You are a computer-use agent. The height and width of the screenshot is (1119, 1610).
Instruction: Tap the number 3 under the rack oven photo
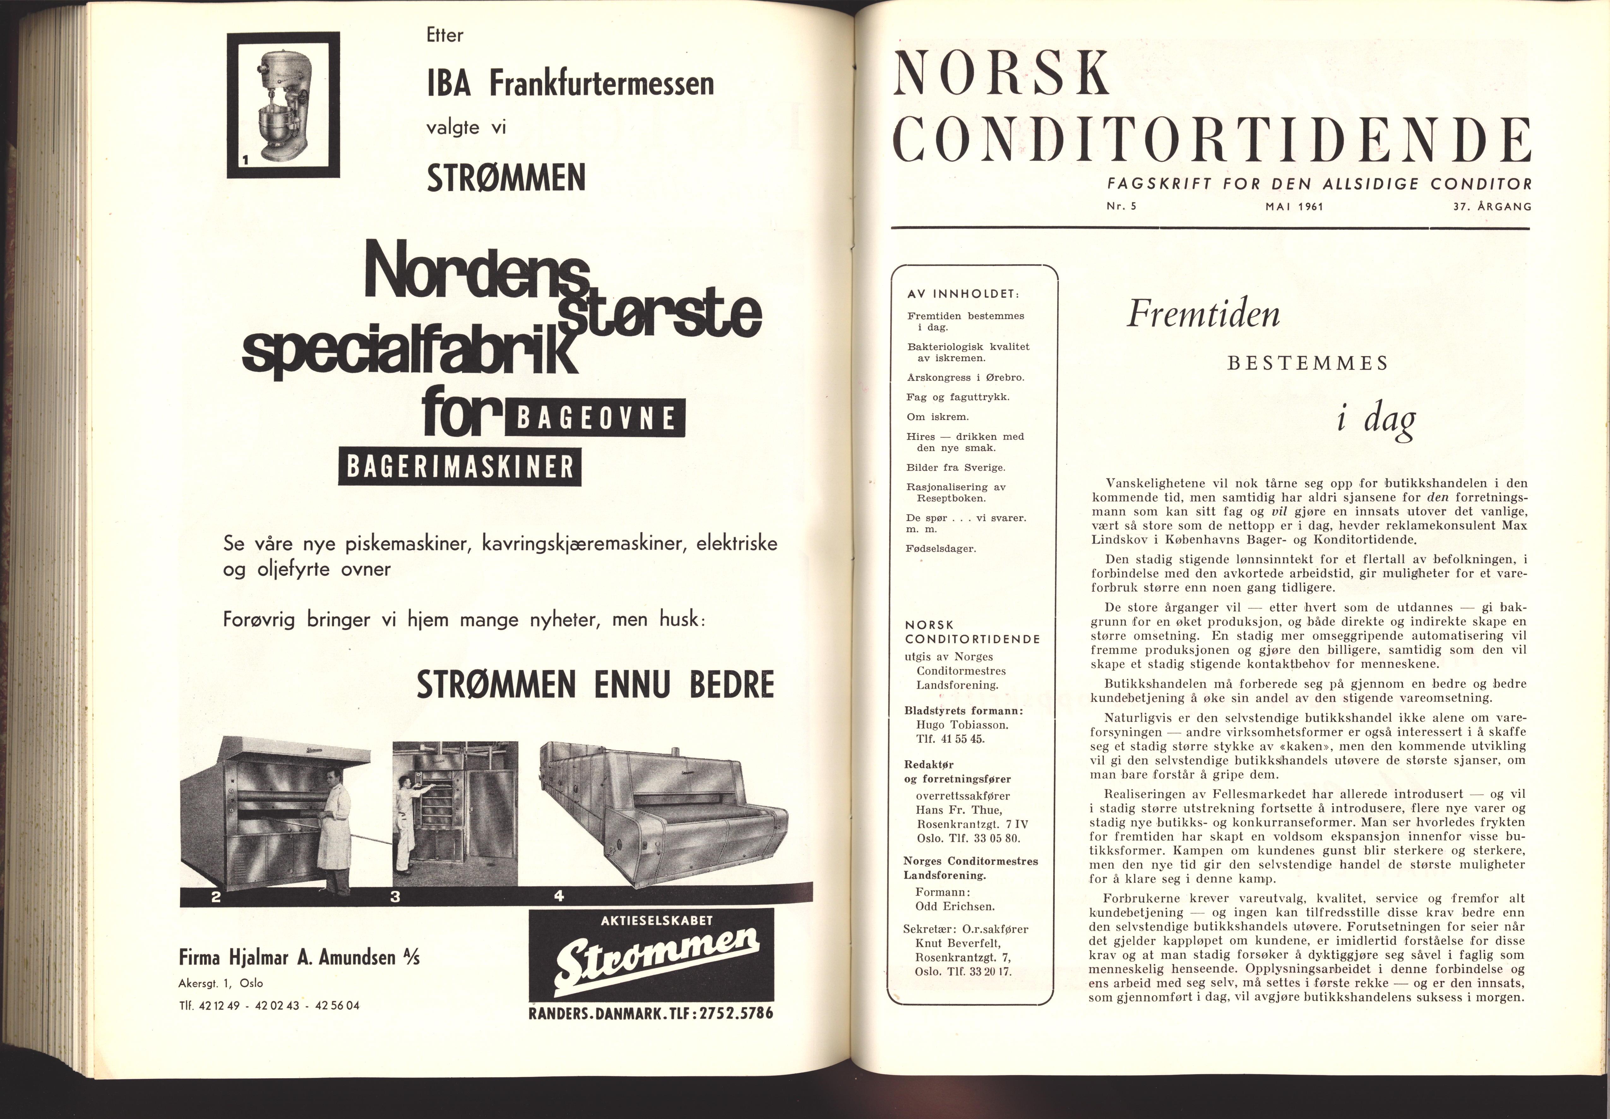pyautogui.click(x=395, y=897)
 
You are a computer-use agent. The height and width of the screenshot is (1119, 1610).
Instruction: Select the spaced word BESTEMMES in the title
pyautogui.click(x=1308, y=363)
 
